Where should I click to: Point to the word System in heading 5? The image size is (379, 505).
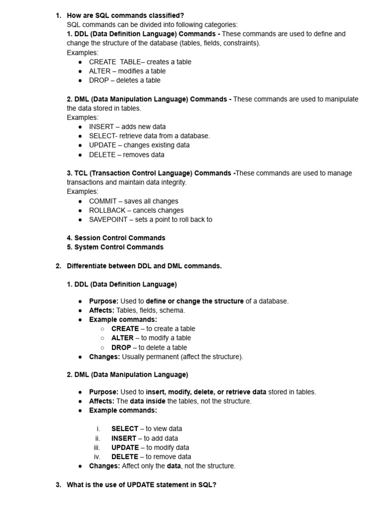(x=85, y=247)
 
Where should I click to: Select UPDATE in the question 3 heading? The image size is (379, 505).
(x=141, y=485)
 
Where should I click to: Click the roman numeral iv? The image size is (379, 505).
(x=97, y=457)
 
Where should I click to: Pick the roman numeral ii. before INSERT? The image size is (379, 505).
(x=98, y=438)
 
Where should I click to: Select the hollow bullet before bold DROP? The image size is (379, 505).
(x=102, y=348)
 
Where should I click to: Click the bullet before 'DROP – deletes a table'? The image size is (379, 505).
(x=80, y=80)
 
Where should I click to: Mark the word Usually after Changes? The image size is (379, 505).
(x=135, y=357)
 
